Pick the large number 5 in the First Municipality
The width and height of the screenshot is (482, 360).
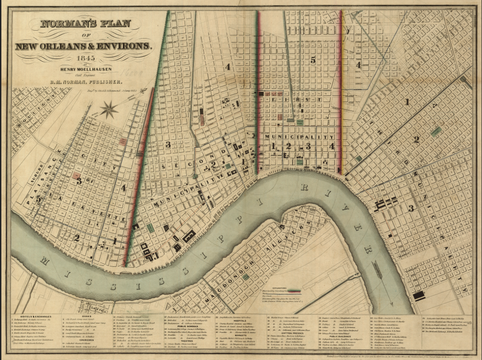click(313, 59)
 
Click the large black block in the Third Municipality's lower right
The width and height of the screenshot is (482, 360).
click(419, 296)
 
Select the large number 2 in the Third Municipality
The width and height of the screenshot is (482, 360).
click(417, 140)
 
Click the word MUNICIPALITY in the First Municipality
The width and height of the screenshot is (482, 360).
click(300, 137)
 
